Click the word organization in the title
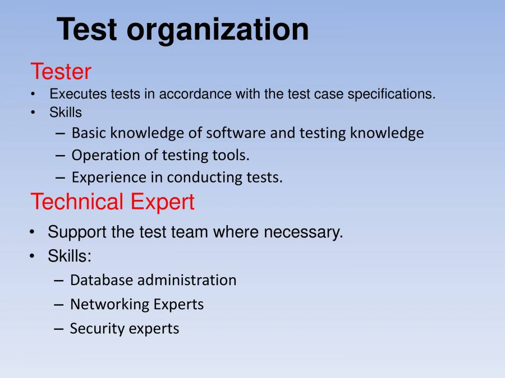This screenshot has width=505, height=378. tap(217, 30)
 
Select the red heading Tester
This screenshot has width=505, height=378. tap(61, 72)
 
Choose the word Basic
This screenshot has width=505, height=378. tap(89, 133)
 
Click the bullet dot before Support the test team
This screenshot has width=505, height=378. tap(34, 232)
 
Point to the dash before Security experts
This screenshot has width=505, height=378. tap(59, 329)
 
